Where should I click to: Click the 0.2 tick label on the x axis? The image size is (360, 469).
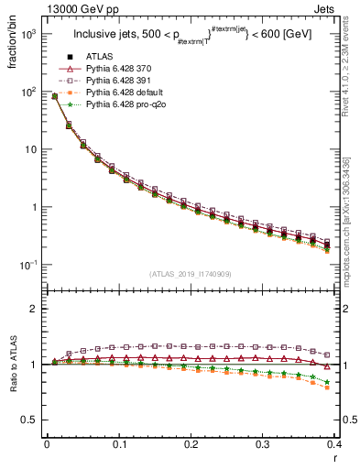point(191,445)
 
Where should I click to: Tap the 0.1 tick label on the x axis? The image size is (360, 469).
point(118,445)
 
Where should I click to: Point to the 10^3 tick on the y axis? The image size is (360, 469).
point(28,34)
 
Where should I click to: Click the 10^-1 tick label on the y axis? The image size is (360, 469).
point(28,265)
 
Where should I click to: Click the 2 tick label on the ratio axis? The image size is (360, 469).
point(34,310)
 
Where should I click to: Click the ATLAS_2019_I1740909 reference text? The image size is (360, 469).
point(191,274)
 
